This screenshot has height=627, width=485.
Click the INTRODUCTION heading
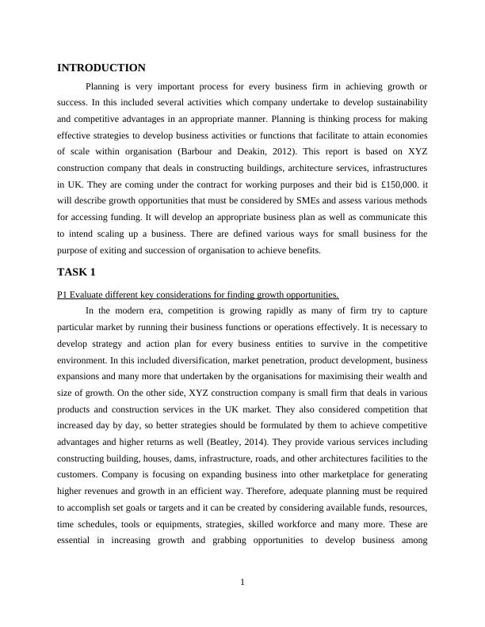pyautogui.click(x=101, y=68)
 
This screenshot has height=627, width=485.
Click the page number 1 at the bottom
pyautogui.click(x=242, y=583)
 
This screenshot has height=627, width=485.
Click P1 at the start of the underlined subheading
pyautogui.click(x=63, y=295)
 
